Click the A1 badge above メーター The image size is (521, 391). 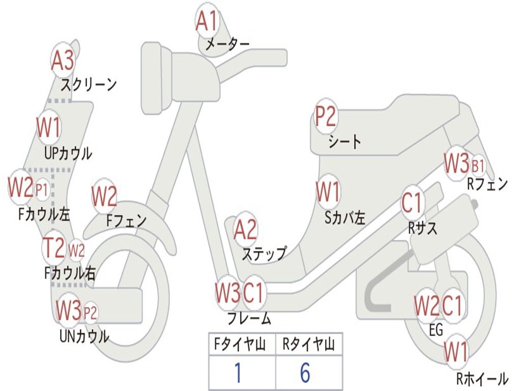point(207,22)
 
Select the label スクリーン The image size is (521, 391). point(89,84)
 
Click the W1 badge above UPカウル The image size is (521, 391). point(49,128)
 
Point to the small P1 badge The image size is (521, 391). point(42,190)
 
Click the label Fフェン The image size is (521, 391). point(126,220)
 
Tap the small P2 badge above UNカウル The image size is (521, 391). point(90,313)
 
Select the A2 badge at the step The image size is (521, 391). point(245,231)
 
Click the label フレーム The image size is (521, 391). point(249,319)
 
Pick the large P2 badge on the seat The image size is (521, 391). point(326,118)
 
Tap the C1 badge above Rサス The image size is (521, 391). point(412,203)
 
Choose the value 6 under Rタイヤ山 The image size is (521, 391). point(305,373)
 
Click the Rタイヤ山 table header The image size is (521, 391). point(308,346)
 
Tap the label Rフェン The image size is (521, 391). point(487,184)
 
